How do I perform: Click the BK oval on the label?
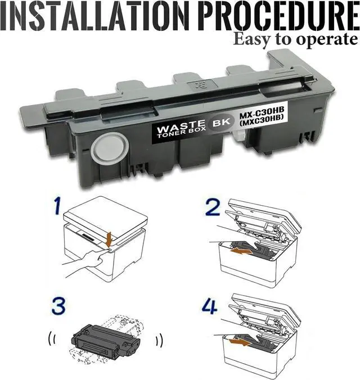tap(221, 123)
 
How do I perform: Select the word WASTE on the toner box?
tap(181, 126)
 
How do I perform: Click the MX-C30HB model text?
tap(262, 112)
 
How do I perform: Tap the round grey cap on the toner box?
tap(110, 148)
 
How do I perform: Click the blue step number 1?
tap(57, 206)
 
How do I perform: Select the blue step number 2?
tap(213, 207)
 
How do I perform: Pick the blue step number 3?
tap(58, 306)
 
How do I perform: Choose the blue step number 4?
tap(209, 306)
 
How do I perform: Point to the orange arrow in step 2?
tap(241, 251)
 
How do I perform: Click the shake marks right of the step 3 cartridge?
tap(159, 340)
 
